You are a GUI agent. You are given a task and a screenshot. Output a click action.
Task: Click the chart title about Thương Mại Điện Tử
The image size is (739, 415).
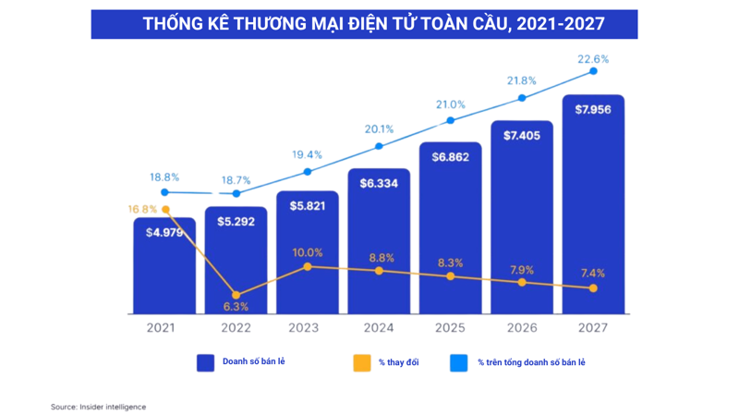364,24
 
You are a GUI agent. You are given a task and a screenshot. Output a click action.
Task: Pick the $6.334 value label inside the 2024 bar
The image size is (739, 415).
379,183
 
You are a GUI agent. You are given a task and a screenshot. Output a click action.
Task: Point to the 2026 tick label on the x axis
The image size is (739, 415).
521,327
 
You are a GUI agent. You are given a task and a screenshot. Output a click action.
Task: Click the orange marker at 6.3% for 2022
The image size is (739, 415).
236,296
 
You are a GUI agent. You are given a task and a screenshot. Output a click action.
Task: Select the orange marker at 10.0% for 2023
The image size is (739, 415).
308,266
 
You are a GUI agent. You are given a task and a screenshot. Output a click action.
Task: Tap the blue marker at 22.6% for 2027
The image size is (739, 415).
593,71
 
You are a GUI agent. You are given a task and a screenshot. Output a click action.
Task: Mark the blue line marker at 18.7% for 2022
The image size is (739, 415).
236,194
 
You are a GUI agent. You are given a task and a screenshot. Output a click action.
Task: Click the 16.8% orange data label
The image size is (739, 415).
142,210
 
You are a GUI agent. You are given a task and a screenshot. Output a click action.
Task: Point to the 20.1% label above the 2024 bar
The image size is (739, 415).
379,129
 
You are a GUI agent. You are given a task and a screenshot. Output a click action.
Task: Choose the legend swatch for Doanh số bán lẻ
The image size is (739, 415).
205,362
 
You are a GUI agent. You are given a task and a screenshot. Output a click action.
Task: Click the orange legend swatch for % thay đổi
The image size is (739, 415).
361,362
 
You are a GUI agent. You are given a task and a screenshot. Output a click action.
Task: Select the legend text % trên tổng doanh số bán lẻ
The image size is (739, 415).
531,362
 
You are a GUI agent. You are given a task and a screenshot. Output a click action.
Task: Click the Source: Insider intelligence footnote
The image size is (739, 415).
98,407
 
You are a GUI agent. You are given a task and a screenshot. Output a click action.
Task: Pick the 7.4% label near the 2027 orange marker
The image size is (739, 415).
593,274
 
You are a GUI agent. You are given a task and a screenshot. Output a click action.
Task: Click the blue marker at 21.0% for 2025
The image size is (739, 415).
451,120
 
